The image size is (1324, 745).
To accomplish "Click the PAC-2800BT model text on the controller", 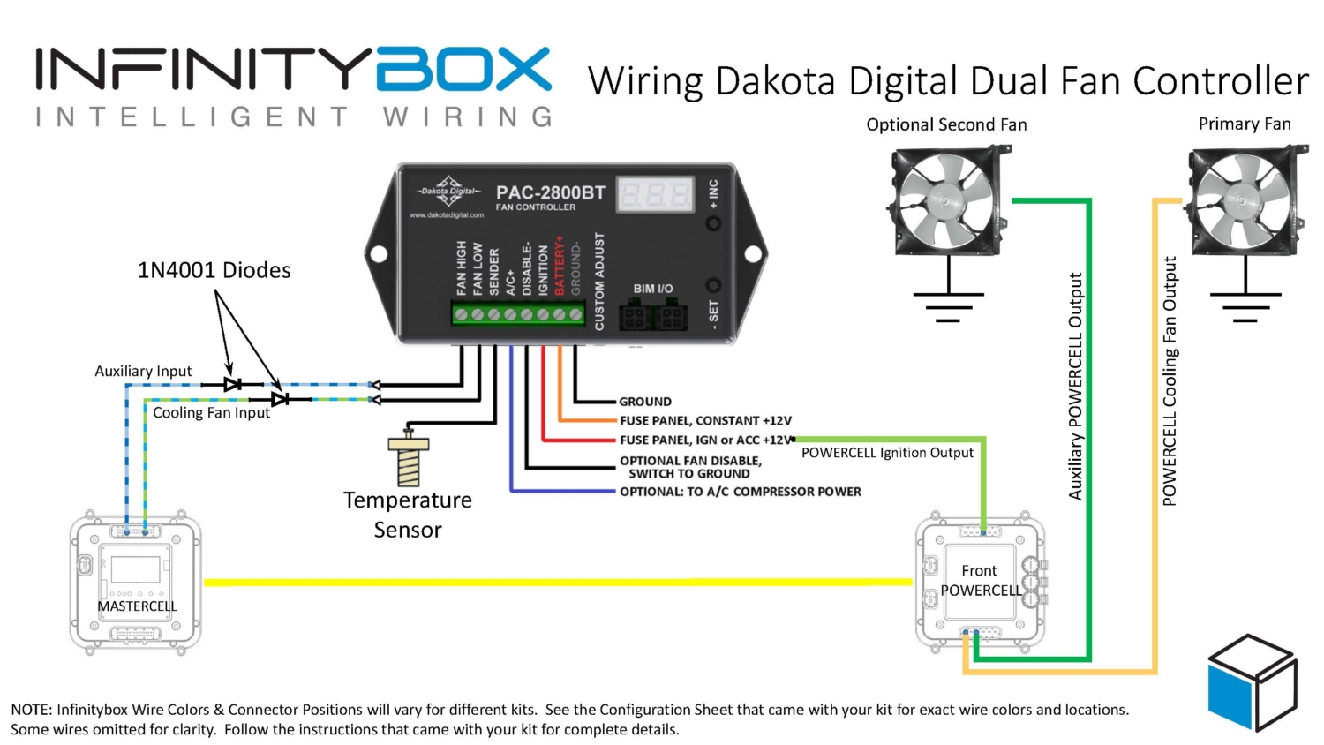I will tap(550, 192).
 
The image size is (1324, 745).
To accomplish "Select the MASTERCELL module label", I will tap(137, 606).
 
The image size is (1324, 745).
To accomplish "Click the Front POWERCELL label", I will tap(980, 580).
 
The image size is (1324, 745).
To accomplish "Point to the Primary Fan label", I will tap(1244, 124).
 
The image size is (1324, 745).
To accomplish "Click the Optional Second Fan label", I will tap(946, 124).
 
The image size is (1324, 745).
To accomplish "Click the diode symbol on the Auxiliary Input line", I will tap(233, 384).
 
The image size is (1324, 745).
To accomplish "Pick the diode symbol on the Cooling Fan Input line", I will tap(280, 399).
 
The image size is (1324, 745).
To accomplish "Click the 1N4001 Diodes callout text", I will tap(214, 270).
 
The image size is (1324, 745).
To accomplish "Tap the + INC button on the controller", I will tap(713, 222).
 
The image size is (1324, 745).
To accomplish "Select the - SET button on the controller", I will tap(713, 285).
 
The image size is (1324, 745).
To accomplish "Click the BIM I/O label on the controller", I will tap(652, 289).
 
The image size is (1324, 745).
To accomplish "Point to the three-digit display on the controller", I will tap(655, 194).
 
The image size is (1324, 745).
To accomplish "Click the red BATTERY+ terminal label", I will tap(560, 265).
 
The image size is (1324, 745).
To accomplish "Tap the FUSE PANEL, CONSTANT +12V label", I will tap(705, 420).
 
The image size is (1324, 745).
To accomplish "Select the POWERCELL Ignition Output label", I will tap(887, 453).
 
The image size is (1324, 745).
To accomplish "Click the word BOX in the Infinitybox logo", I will tap(464, 70).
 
